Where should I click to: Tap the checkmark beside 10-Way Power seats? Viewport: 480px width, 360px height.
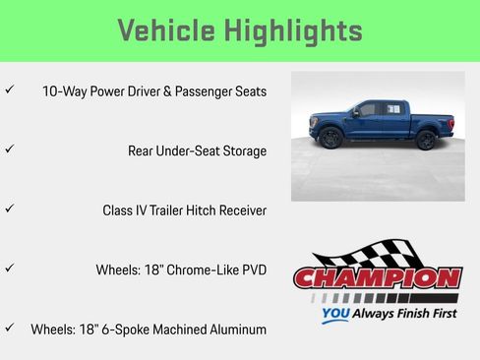[x=9, y=90]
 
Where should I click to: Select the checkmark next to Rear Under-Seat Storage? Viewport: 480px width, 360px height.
[x=9, y=150]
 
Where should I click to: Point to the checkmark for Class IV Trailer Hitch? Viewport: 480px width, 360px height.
[x=9, y=210]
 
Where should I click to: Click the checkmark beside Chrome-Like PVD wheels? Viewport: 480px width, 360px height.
[x=9, y=269]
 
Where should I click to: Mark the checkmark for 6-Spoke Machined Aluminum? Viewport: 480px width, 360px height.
[x=9, y=328]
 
